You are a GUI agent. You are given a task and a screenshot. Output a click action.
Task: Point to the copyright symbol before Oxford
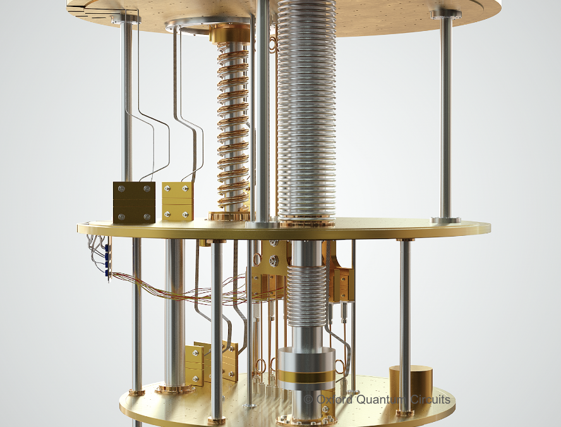(308, 400)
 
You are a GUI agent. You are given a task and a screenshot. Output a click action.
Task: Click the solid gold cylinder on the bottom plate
(411, 387)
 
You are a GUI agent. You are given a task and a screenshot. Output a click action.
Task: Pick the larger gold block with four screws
(134, 202)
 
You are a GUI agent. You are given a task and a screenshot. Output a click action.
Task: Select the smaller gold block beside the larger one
(178, 201)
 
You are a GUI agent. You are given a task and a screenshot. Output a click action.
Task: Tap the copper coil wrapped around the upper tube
(234, 127)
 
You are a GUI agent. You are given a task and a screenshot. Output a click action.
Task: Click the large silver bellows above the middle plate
(306, 114)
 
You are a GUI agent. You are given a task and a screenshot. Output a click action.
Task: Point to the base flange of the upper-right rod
(446, 220)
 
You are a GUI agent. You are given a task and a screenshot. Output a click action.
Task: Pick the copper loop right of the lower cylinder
(342, 366)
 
